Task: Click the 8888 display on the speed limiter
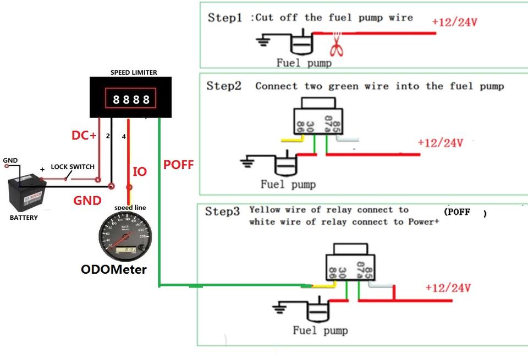131,99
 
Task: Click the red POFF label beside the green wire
179,164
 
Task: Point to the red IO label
140,172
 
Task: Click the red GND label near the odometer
87,201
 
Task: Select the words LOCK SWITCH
73,167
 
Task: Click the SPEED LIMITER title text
134,73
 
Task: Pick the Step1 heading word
224,18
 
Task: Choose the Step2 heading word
224,86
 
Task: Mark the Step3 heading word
222,212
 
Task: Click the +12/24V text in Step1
454,23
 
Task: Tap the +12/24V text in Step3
448,288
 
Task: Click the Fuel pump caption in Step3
320,331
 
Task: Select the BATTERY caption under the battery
24,218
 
